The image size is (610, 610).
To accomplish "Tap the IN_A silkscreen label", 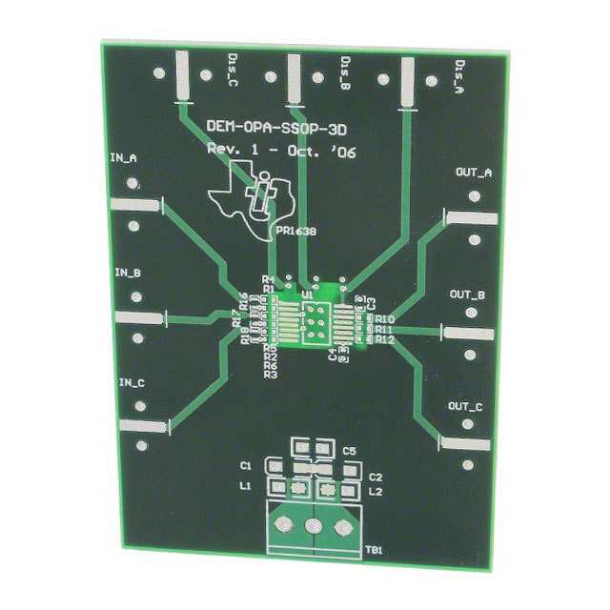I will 124,157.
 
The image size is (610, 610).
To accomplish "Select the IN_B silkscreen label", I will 128,273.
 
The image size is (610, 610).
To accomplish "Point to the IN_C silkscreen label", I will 132,383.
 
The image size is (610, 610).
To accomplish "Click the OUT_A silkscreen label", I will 474,173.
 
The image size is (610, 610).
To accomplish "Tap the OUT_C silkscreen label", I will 464,407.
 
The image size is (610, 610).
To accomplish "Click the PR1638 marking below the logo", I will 295,231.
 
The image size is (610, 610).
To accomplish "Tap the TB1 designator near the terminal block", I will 374,551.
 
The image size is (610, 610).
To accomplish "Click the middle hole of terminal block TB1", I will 313,526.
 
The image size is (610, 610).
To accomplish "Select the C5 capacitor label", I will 349,450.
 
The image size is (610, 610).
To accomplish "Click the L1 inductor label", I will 246,486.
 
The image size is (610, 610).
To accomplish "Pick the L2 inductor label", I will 375,491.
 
